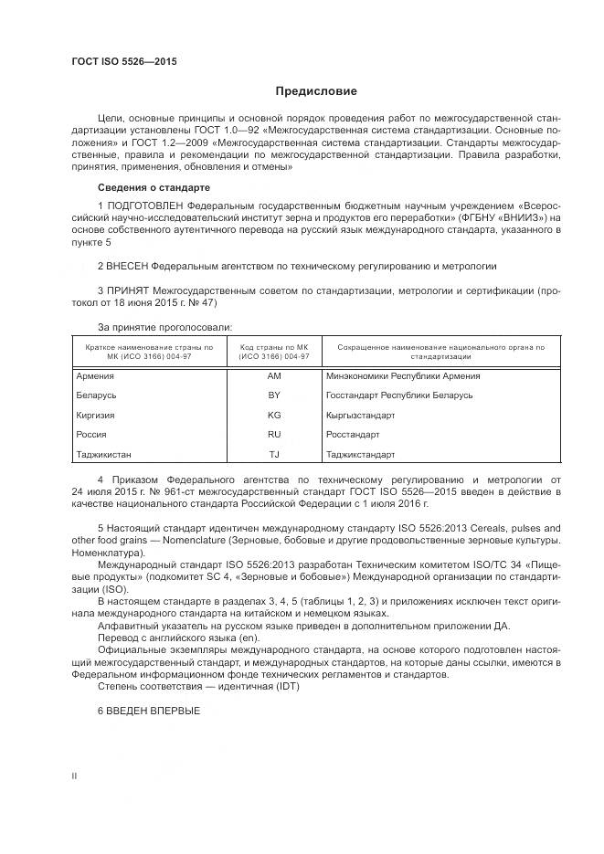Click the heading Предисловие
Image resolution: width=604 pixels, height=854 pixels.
click(317, 91)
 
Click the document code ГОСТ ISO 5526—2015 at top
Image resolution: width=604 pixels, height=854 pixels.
click(124, 61)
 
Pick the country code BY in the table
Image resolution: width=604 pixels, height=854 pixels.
click(274, 395)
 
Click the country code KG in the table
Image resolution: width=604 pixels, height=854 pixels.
click(274, 415)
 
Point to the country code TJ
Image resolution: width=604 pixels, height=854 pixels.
click(274, 454)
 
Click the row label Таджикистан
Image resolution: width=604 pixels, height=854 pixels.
click(103, 454)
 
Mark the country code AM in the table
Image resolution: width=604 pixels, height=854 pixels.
click(274, 375)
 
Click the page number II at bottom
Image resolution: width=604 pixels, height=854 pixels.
click(75, 775)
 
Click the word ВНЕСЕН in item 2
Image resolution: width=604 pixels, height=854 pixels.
click(128, 266)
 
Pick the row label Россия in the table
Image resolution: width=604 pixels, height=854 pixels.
click(91, 435)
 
